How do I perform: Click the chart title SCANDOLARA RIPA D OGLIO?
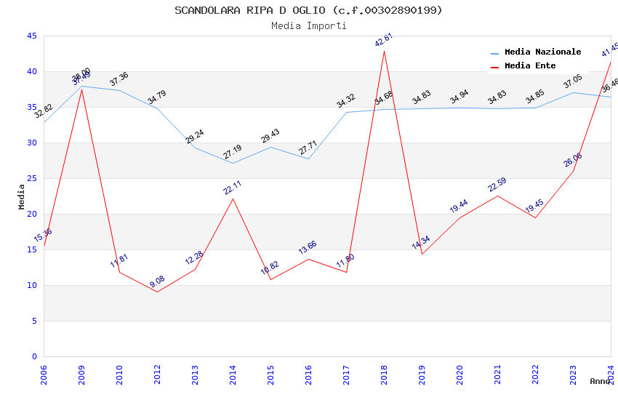click(308, 10)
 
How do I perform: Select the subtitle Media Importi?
click(308, 25)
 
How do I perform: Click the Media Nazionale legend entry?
click(542, 52)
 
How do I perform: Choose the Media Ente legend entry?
click(530, 66)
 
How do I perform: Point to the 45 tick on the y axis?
click(31, 36)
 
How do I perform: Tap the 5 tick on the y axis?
click(34, 321)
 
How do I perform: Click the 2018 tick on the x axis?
click(384, 375)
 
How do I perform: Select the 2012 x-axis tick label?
click(157, 375)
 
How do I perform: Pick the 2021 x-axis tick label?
click(497, 375)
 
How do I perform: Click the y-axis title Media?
click(22, 196)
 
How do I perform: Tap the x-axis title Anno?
click(600, 381)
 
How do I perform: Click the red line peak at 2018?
click(384, 50)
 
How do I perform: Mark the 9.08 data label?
click(157, 281)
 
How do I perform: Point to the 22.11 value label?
click(233, 188)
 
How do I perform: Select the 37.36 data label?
click(119, 79)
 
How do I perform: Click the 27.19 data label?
click(233, 152)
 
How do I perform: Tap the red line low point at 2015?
click(270, 279)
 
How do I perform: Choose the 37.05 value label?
click(573, 81)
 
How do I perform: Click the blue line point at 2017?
click(346, 112)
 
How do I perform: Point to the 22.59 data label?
click(497, 185)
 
